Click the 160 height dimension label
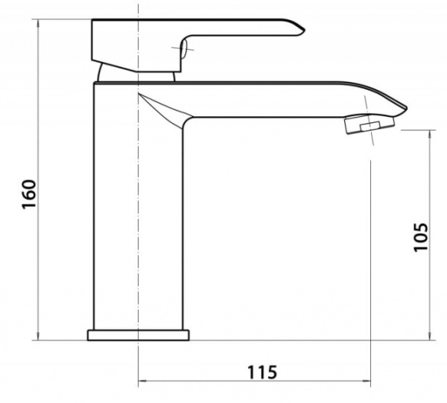point(29,194)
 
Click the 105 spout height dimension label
point(421,237)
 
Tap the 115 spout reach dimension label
point(261,372)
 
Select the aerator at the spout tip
point(370,124)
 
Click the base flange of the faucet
point(139,335)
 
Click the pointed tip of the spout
point(406,108)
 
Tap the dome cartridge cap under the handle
point(136,74)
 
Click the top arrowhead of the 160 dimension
point(39,23)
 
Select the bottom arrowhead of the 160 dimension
point(39,336)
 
